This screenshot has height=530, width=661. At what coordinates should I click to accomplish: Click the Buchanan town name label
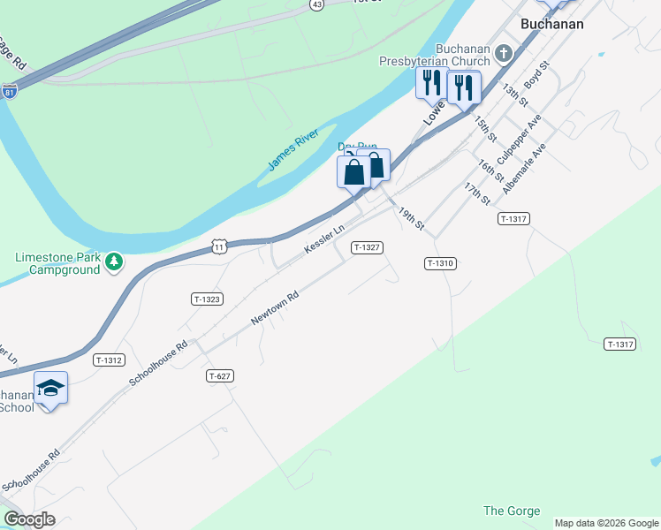coord(551,24)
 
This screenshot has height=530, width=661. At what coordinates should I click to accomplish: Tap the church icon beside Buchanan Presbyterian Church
coord(504,54)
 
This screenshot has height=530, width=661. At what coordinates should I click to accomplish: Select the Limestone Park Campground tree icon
coord(113,261)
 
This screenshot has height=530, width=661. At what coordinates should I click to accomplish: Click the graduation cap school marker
coord(50,389)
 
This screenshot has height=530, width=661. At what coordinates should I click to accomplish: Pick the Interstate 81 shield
coord(10,92)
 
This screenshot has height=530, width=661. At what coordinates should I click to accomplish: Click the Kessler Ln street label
coord(323,239)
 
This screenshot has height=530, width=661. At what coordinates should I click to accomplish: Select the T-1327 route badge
coord(367,247)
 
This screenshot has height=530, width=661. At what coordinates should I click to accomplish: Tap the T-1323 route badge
coord(206,299)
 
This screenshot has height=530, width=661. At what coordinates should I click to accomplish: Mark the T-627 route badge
coord(220,376)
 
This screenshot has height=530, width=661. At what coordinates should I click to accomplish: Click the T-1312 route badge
coord(109,360)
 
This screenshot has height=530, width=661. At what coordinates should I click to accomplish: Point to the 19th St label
coord(411,220)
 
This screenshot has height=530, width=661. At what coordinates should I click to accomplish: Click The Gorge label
coord(505,511)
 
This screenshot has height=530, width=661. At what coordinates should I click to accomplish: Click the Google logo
coord(29,519)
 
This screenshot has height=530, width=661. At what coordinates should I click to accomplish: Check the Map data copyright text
coord(606,523)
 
